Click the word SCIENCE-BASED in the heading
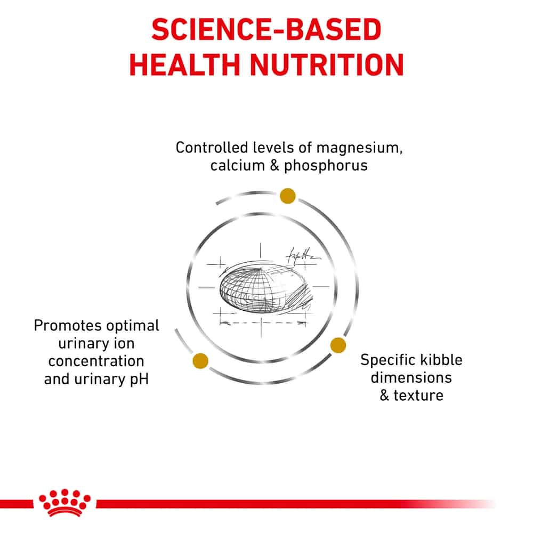(266, 29)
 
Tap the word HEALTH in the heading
(184, 64)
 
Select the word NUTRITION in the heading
(327, 64)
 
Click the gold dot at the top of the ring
(288, 196)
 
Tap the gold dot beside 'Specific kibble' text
(338, 345)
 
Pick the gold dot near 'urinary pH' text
(200, 361)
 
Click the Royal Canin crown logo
(64, 503)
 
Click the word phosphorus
(326, 166)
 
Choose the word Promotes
(63, 326)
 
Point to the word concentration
(96, 361)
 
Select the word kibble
(441, 360)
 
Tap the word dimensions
(411, 378)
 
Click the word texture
(418, 395)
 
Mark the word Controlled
(212, 148)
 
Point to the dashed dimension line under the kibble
(262, 322)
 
